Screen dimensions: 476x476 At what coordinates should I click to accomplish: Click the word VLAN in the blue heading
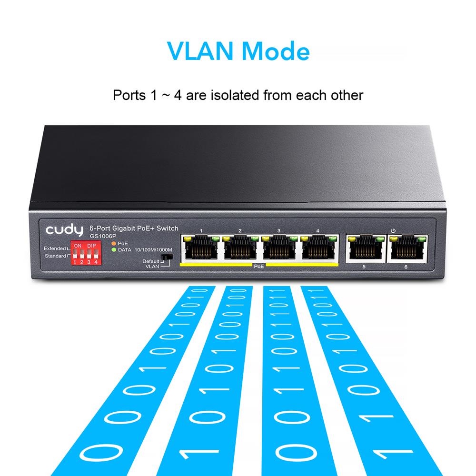tap(200, 51)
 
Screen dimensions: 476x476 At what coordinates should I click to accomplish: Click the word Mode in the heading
tap(276, 51)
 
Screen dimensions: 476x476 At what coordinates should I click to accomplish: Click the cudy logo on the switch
tap(64, 230)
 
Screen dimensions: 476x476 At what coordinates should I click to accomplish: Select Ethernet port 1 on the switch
tap(201, 247)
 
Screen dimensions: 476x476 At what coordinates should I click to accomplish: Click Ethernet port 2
tap(240, 247)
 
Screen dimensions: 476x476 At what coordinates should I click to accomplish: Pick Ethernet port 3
tap(279, 247)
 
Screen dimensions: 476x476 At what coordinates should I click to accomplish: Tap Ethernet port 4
tap(318, 247)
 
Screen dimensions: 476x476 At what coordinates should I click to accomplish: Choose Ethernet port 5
tap(366, 248)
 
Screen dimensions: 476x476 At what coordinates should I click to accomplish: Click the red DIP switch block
tap(86, 253)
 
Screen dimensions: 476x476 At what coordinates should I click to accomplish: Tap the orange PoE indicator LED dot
tap(114, 243)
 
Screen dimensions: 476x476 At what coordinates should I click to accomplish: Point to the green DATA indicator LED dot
tap(114, 250)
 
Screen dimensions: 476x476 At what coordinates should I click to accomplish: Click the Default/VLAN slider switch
tap(167, 257)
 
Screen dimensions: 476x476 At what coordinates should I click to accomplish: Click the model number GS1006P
tap(103, 236)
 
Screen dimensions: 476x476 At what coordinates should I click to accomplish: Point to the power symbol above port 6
tap(393, 231)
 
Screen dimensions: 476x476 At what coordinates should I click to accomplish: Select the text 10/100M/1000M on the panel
tap(153, 250)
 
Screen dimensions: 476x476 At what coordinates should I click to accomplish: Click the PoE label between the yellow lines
tap(259, 266)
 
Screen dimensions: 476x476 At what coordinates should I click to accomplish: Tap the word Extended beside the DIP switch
tap(55, 248)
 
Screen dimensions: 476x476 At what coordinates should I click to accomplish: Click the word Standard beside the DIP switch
tap(55, 256)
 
